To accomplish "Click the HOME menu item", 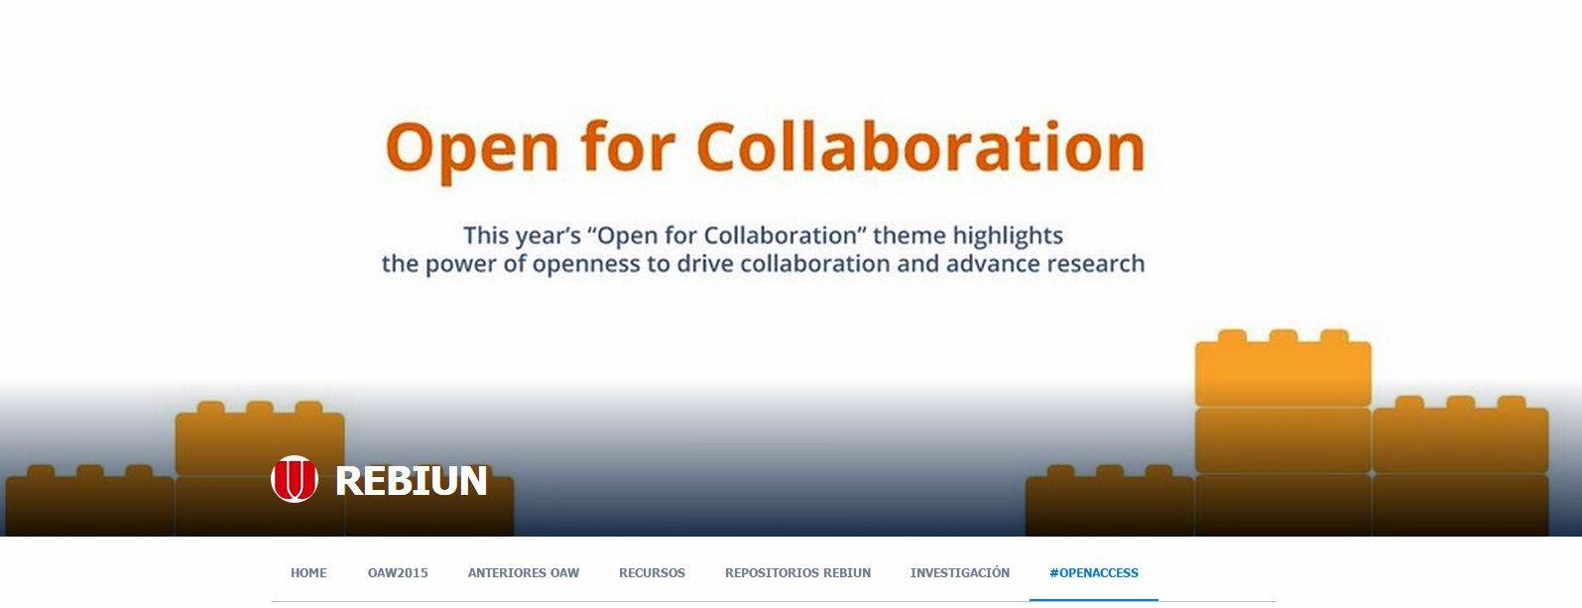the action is (308, 572).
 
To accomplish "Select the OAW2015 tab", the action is (398, 572).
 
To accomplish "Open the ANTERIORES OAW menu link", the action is (524, 572).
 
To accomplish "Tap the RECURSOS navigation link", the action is (652, 572).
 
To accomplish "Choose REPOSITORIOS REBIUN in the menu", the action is (798, 572).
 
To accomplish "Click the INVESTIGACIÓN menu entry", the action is (960, 572).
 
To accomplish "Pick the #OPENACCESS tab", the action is (1094, 572).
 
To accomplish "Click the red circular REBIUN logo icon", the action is (294, 479).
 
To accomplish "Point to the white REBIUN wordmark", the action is (411, 480).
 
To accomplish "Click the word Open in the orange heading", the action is (472, 150).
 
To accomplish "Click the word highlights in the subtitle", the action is (1008, 236).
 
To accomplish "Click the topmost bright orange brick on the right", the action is (1283, 368).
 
